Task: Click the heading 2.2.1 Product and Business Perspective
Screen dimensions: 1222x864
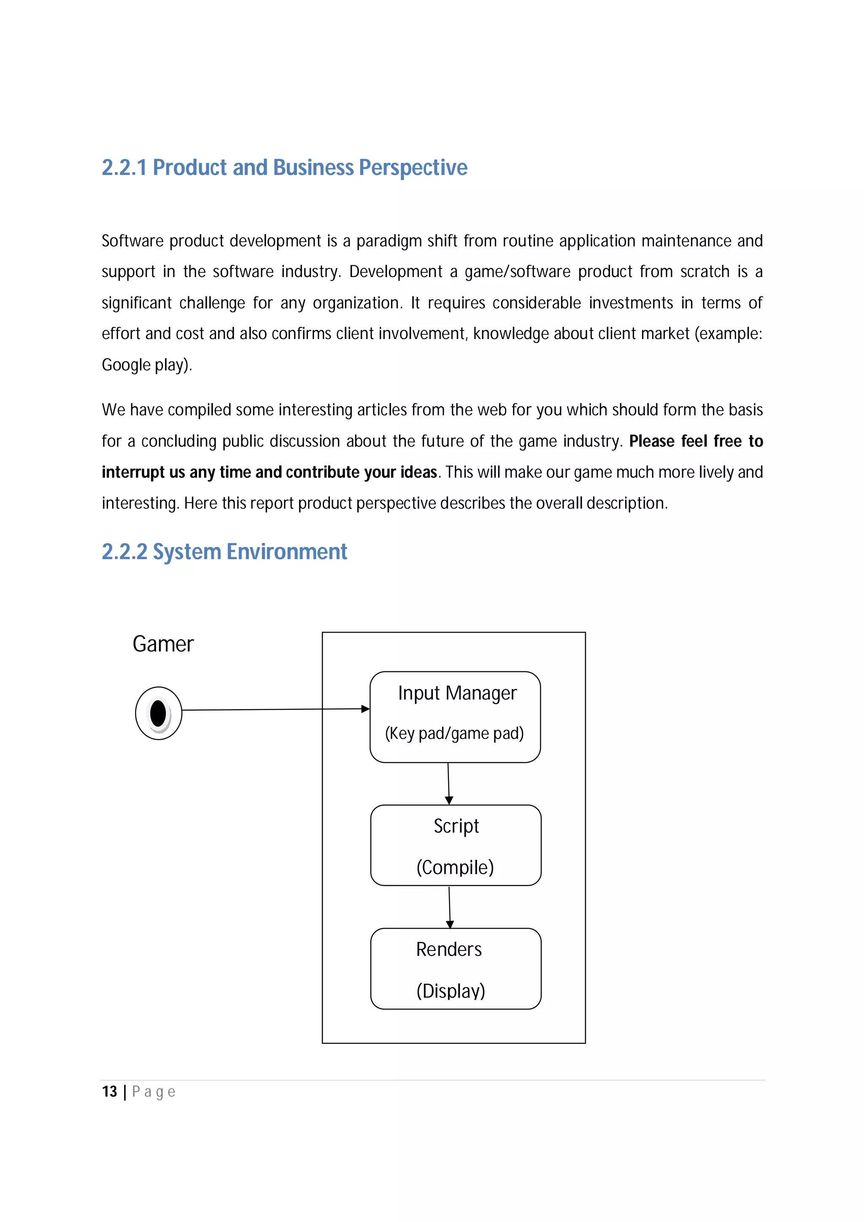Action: click(284, 168)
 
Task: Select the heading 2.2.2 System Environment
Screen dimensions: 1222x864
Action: click(224, 552)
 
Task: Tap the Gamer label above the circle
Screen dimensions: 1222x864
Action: click(163, 644)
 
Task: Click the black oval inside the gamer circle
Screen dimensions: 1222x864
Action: click(158, 713)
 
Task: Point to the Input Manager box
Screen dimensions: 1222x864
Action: click(455, 716)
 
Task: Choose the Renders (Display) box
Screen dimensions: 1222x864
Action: click(456, 969)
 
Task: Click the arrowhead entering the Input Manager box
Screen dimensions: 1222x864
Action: click(365, 709)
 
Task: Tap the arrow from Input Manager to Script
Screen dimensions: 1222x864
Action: click(449, 783)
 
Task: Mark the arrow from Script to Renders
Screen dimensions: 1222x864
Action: click(450, 907)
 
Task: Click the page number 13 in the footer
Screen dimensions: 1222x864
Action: click(109, 1092)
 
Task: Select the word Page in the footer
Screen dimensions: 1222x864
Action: click(154, 1092)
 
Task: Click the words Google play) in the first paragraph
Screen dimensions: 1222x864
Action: click(146, 365)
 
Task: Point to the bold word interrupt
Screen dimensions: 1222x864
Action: click(133, 473)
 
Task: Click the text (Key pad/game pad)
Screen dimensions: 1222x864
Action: click(454, 733)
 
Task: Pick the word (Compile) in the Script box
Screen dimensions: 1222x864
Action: click(455, 867)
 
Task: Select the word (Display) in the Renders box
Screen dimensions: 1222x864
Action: click(451, 991)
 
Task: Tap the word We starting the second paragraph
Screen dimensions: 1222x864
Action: click(113, 410)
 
